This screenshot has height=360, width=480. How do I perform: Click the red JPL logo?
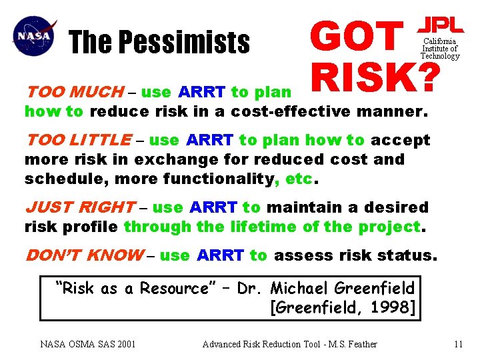click(439, 25)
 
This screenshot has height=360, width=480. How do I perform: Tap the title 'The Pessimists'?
click(159, 43)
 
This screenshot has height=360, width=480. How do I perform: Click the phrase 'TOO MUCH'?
click(74, 91)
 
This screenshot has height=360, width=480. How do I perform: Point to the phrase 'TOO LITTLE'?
click(78, 140)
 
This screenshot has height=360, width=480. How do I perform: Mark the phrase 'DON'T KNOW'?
click(83, 255)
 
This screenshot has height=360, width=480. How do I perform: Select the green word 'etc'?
click(299, 179)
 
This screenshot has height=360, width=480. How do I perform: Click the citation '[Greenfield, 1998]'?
click(342, 307)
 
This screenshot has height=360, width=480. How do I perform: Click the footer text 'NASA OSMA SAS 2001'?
click(88, 344)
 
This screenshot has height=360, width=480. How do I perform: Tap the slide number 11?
click(457, 344)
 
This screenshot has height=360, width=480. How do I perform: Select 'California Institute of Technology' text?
click(440, 49)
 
